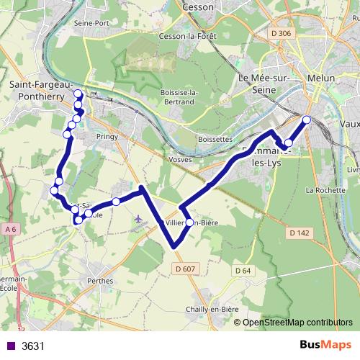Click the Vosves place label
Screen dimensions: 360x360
pyautogui.click(x=179, y=158)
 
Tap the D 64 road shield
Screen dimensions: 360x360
pyautogui.click(x=242, y=270)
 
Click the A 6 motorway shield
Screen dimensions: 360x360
pyautogui.click(x=9, y=229)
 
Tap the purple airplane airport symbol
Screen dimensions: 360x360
pyautogui.click(x=138, y=217)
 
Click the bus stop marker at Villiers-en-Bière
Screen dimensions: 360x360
pyautogui.click(x=190, y=222)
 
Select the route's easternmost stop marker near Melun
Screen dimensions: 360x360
pyautogui.click(x=307, y=120)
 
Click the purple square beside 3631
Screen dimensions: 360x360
pyautogui.click(x=9, y=346)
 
